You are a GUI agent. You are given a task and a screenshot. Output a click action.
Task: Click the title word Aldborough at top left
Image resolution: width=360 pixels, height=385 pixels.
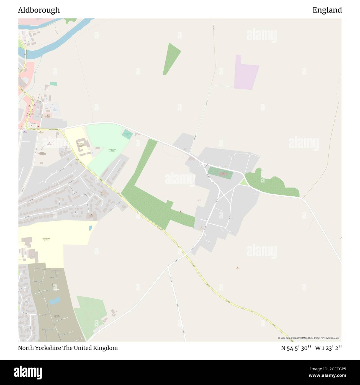[39, 10]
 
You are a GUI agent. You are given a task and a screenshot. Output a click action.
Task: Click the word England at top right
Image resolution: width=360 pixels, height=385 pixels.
[327, 10]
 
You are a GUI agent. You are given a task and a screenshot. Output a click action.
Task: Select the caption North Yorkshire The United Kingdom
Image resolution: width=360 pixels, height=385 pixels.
[68, 348]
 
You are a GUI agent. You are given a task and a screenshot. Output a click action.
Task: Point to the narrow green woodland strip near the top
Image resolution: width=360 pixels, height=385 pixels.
[171, 59]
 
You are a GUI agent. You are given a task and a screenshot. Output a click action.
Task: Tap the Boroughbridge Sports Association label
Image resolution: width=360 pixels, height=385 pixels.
[112, 150]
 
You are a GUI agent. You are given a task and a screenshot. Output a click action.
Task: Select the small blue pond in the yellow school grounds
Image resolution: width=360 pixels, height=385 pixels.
[90, 228]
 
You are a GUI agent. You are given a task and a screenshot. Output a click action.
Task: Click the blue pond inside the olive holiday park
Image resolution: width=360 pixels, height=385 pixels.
[54, 300]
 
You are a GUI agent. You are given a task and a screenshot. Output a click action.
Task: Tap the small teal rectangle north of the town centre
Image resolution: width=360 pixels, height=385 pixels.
[53, 84]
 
